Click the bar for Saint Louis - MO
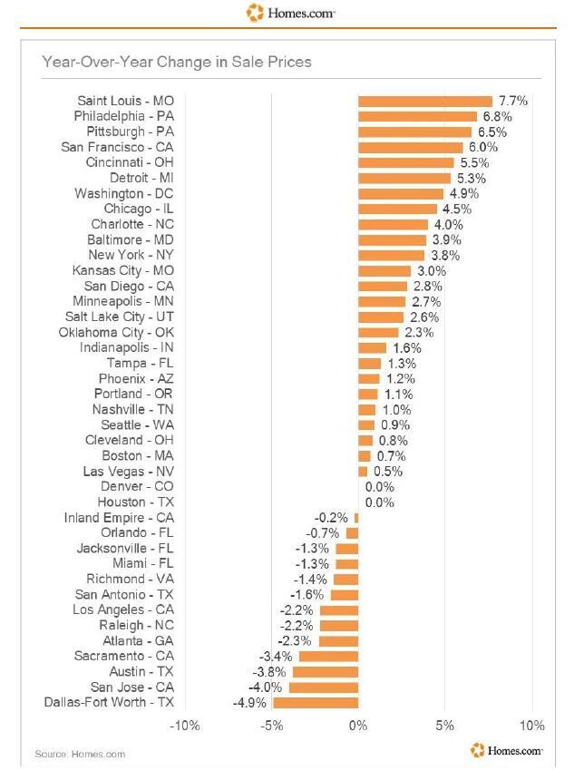pos(425,102)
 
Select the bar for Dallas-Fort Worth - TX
pos(316,702)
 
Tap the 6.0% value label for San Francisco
pos(484,148)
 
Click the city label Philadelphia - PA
pos(123,117)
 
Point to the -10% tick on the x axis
pos(185,726)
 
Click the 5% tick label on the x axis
pos(444,726)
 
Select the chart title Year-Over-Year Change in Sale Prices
pos(177,62)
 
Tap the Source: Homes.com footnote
pos(80,754)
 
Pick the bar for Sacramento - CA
pos(328,656)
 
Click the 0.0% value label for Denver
pos(380,487)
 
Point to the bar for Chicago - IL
pos(397,210)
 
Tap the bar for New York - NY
pos(392,256)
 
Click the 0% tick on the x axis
pos(358,726)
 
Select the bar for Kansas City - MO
pos(384,271)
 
